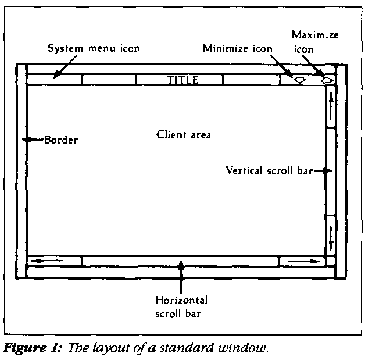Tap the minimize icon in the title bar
tap(300, 80)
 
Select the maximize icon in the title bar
tap(328, 80)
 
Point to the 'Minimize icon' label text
tap(237, 48)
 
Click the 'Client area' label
tap(184, 134)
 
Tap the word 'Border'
tap(61, 140)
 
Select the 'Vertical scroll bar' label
tap(269, 171)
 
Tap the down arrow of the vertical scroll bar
tap(330, 236)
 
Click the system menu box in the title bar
tap(53, 80)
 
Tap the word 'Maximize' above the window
tap(315, 35)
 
